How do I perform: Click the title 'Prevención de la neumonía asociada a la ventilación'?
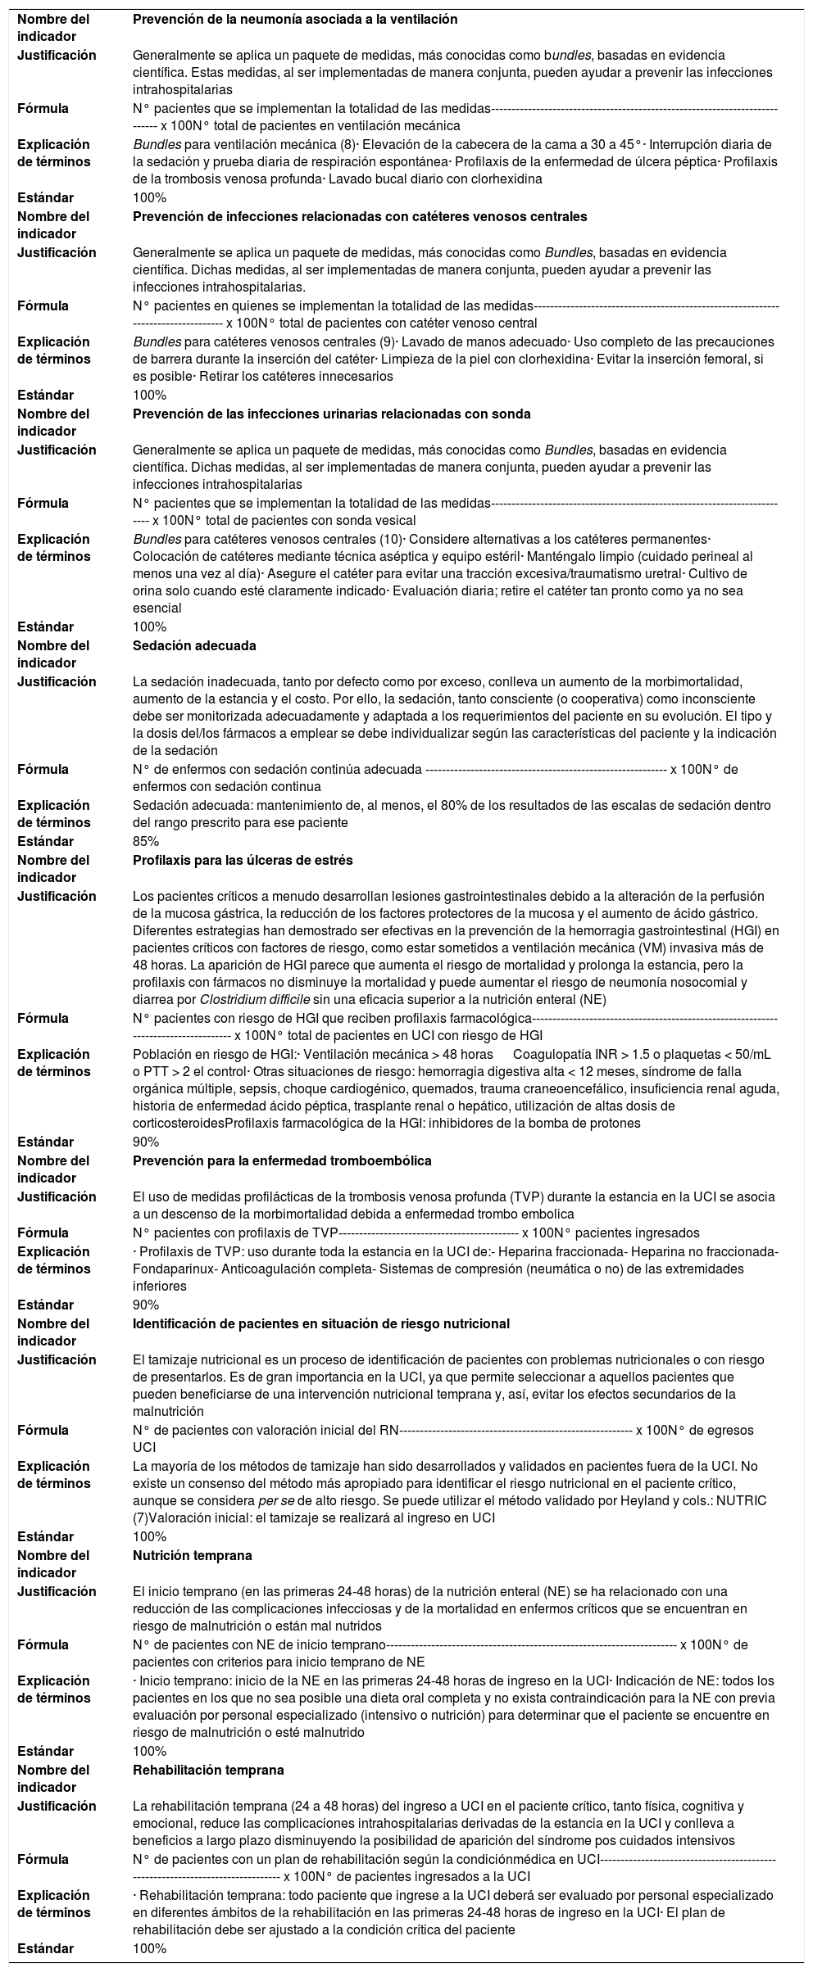[x=295, y=19]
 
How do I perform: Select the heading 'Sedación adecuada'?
[x=194, y=645]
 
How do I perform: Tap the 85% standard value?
[x=146, y=841]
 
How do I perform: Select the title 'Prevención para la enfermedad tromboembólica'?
[x=282, y=1160]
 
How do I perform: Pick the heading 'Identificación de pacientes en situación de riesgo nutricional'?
[x=321, y=1323]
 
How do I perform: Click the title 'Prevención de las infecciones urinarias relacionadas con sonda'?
[x=332, y=414]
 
